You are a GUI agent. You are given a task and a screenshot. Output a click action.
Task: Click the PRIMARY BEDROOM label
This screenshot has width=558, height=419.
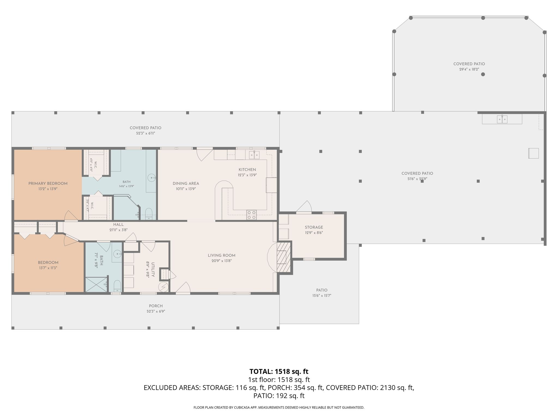pos(48,184)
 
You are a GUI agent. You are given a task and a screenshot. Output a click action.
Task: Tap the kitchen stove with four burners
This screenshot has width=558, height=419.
pos(251,215)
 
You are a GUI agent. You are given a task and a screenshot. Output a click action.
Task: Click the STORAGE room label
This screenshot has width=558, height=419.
pos(314,227)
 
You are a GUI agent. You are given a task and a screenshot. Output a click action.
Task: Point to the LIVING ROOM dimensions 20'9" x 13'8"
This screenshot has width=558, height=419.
pos(222,261)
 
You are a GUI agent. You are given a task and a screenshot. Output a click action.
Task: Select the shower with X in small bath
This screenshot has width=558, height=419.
pos(96,285)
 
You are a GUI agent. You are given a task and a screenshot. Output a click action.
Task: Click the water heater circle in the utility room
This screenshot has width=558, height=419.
pos(164,287)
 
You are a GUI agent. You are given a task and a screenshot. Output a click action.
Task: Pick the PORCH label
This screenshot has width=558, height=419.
pos(156,306)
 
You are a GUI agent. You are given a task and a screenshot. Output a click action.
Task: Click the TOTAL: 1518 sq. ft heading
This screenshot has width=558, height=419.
pos(279,372)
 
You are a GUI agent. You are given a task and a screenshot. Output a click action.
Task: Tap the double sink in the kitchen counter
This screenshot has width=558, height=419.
pos(254,155)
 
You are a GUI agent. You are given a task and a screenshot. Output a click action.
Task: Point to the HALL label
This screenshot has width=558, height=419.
pos(119,225)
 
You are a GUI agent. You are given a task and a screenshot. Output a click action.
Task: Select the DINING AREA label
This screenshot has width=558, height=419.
pos(186,184)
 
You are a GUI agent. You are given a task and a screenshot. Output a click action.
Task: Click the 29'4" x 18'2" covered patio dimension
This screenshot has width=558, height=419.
pos(469,70)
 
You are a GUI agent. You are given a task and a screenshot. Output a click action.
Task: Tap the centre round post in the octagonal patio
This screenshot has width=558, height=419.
pos(483,74)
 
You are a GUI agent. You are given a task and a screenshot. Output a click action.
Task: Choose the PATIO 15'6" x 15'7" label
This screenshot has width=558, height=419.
pos(322,293)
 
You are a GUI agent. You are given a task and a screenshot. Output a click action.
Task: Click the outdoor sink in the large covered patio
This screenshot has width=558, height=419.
pos(502,119)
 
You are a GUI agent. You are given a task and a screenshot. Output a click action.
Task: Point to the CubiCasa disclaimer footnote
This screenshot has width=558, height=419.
pos(279,408)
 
